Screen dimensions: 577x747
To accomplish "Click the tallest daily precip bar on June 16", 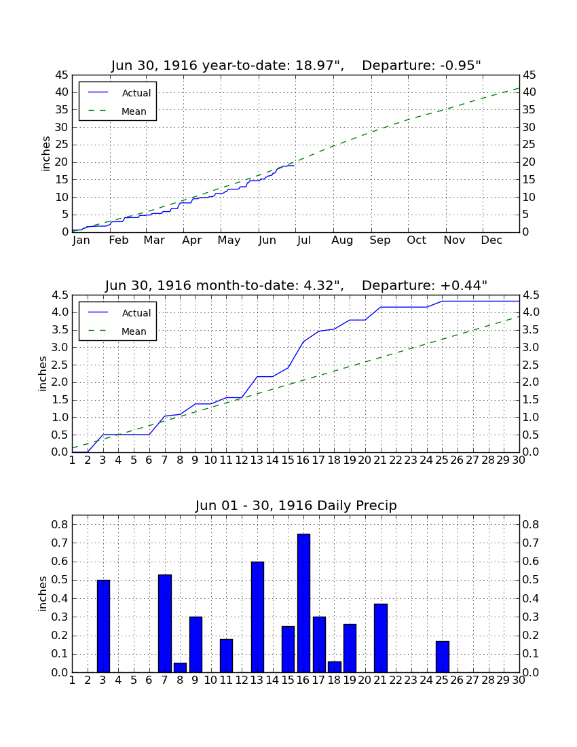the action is pos(303,603).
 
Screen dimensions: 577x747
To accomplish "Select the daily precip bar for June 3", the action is pos(103,626).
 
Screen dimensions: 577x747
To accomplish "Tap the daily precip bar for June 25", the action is pos(443,657).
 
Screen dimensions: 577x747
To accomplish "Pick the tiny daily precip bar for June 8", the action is pos(180,668).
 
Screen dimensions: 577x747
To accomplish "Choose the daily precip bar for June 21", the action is pos(380,638).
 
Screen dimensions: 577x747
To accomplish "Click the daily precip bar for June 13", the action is pos(257,617).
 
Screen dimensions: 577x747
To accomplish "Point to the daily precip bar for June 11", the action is pos(226,656).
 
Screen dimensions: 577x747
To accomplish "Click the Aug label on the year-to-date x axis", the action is pos(342,240).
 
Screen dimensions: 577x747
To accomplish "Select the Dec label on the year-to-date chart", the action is pos(491,240).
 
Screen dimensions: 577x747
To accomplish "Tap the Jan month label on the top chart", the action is pos(81,240).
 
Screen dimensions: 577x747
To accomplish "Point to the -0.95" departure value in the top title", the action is pos(460,65).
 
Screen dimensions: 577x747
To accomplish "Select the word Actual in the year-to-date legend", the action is pos(136,93).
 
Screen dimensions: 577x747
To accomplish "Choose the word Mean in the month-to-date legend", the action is pos(134,331).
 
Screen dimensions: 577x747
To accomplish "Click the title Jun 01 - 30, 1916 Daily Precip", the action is pos(296,505).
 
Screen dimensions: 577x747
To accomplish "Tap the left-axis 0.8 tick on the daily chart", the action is pos(60,524).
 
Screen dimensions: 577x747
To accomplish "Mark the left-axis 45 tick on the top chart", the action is pos(62,75).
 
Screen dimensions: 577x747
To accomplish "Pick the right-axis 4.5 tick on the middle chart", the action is pos(532,295).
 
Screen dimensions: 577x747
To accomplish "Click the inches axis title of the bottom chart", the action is pos(43,594).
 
